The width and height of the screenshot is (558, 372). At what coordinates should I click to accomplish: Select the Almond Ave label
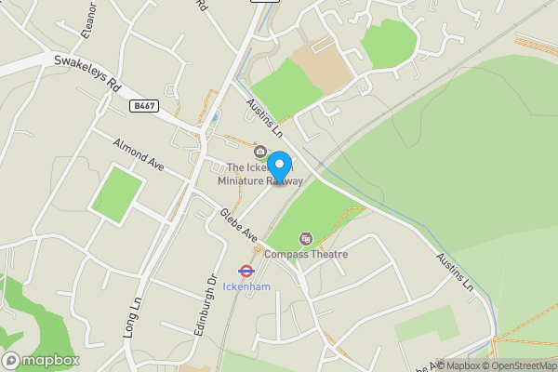[138, 155]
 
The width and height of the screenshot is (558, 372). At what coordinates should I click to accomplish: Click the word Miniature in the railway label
[241, 181]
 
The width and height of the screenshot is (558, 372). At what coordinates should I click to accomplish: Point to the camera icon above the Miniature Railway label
[260, 153]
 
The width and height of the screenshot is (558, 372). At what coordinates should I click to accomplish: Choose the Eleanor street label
[89, 19]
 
